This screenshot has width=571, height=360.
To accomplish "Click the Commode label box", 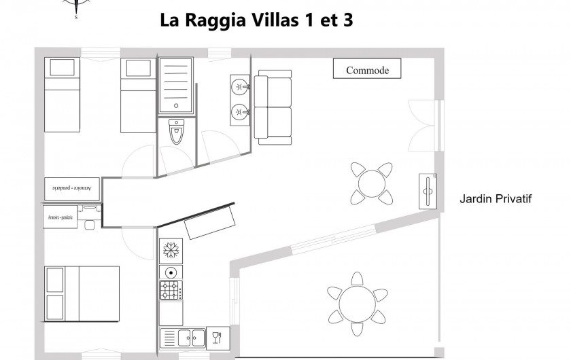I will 367,69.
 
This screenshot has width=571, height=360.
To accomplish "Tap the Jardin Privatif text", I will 495,199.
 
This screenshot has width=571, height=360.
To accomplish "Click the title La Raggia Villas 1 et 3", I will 256,20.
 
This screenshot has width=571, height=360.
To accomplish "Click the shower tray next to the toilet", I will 177,86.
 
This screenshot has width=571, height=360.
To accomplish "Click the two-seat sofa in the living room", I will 273,107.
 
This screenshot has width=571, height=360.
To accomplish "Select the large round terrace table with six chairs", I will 358,298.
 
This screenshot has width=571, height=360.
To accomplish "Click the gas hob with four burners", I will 171,290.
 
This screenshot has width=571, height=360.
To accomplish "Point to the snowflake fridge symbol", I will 171,250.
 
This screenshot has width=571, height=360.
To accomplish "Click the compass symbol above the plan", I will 75,7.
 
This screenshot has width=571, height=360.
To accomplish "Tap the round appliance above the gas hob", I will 170,272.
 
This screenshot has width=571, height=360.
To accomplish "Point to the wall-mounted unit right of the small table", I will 428,190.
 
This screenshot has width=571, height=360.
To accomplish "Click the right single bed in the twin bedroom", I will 139,94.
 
